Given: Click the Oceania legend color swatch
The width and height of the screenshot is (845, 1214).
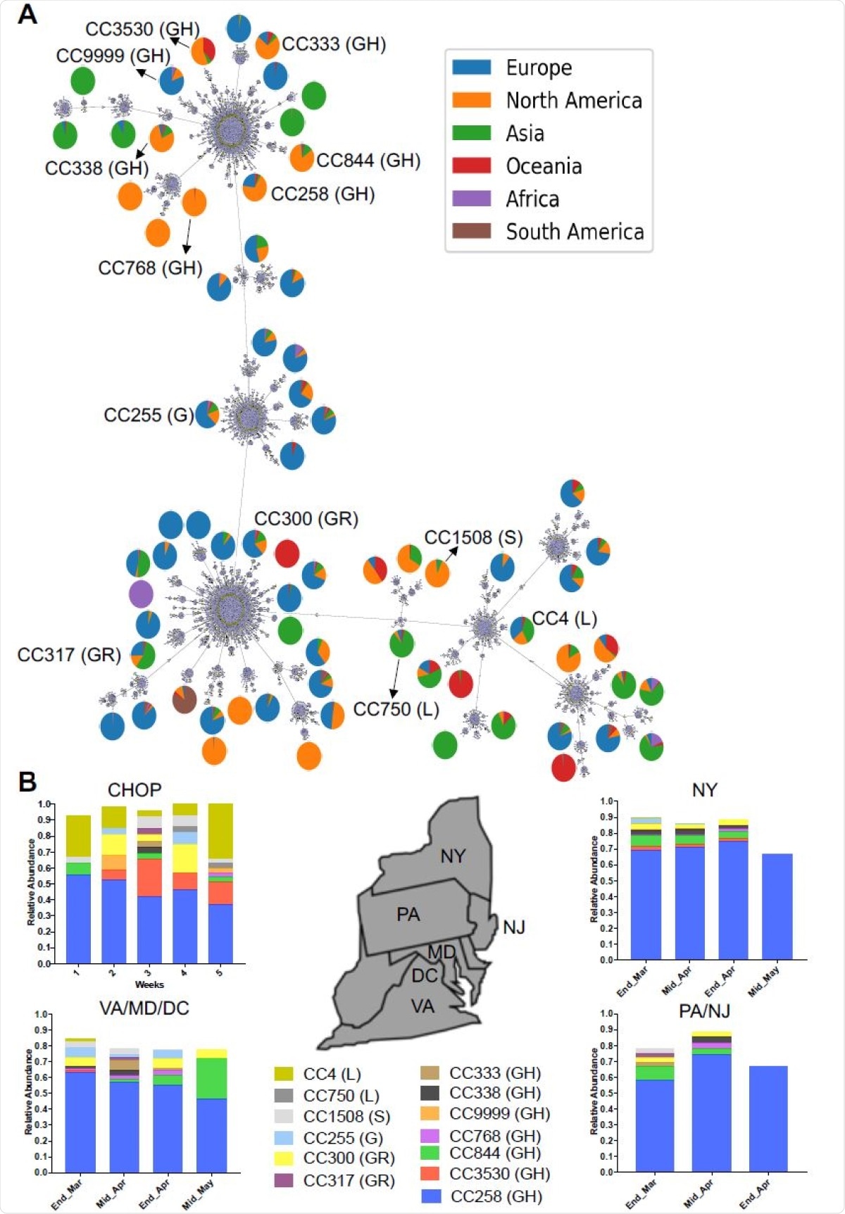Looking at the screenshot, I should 471,166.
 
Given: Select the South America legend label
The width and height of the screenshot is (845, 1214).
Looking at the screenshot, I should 575,232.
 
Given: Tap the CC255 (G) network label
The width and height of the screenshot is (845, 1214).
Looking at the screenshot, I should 148,415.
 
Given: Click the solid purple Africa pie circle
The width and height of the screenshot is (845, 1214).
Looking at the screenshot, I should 142,594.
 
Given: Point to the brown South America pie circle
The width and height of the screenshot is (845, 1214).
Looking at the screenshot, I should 184,699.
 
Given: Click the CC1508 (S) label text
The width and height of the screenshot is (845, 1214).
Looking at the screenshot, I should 473,538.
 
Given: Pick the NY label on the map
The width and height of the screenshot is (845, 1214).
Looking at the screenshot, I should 453,856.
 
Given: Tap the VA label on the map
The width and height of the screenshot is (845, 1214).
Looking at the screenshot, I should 423,1006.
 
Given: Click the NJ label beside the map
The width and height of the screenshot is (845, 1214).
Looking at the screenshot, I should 514,927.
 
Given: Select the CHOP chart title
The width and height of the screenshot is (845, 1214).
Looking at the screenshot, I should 134,790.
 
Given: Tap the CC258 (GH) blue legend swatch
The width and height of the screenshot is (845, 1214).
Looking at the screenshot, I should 431,1196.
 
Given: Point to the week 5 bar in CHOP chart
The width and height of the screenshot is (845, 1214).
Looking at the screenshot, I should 220,884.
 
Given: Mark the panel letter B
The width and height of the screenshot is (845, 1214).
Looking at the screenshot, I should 27,782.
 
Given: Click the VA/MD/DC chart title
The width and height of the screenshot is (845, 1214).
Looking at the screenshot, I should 144,1008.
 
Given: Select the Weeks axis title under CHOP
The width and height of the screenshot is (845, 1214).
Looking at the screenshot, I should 149,984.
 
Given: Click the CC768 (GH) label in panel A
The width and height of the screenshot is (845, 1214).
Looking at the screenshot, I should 150,268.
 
